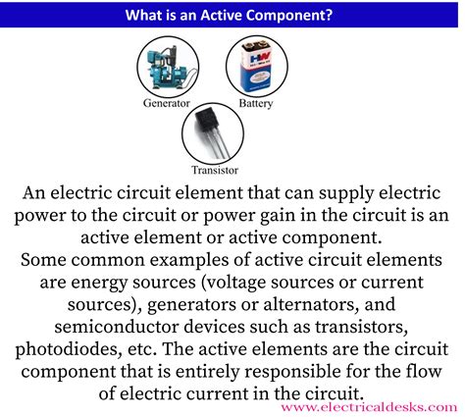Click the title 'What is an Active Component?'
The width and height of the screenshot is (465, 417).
pos(232,15)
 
